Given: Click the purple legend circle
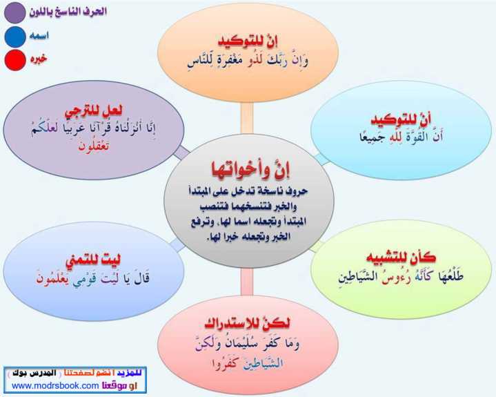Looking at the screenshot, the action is (x=15, y=12).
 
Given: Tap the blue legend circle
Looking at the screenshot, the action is (x=15, y=37).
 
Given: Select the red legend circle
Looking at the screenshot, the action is (x=15, y=60).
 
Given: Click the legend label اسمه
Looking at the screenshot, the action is (x=39, y=35).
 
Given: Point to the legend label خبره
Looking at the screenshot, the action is (x=39, y=59).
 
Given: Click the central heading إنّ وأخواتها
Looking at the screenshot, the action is (x=250, y=169).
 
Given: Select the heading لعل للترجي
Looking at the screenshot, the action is (x=93, y=111).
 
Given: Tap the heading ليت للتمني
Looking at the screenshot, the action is (x=93, y=261).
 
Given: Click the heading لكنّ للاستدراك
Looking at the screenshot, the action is (x=247, y=323).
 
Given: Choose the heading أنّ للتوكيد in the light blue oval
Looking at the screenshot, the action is (x=401, y=120).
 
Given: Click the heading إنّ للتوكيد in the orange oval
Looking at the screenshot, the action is (x=248, y=41).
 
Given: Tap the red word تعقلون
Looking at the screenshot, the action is (x=94, y=146).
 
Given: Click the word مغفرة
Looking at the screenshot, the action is (x=226, y=61).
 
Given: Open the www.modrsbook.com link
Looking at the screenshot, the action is (x=55, y=385).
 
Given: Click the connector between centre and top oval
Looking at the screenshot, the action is (x=247, y=118).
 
